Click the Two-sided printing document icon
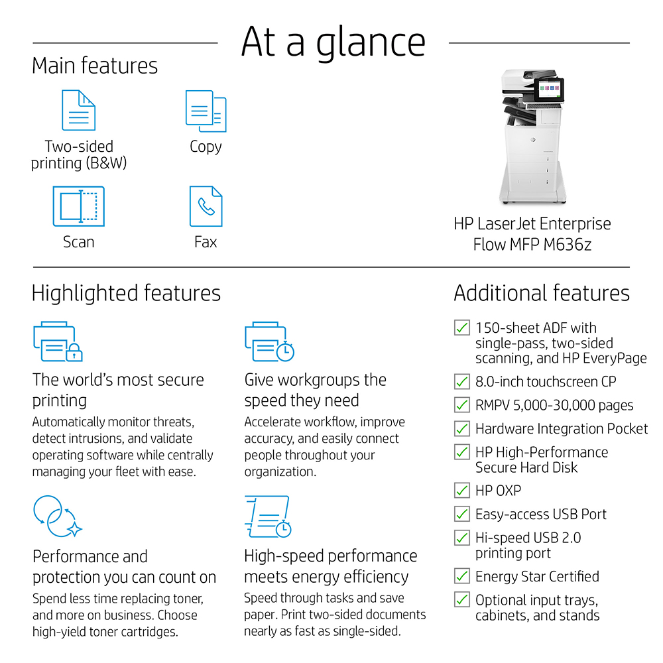pos(78,110)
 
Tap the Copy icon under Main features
pos(206,111)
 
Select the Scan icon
pos(78,206)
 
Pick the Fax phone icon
pos(206,206)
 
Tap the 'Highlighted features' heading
pos(126,293)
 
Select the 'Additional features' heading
pos(541,293)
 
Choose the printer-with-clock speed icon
pos(269,341)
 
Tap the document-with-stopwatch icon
pos(267,516)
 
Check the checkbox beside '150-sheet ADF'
pos(462,328)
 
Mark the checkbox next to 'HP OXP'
pos(462,491)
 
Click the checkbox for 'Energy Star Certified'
pos(462,576)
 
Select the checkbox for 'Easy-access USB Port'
pos(462,514)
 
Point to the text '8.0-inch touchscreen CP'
pos(546,382)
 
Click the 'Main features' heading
pos(95,66)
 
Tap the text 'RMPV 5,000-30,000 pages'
pos(554,405)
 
